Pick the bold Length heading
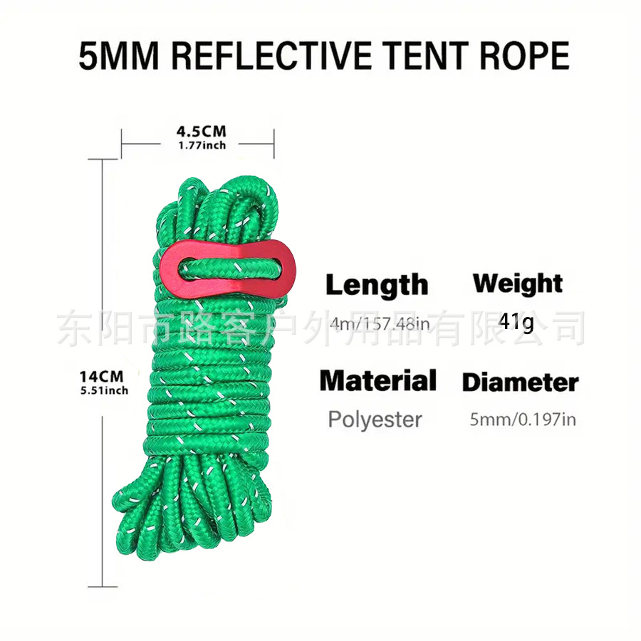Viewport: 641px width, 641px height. pyautogui.click(x=377, y=286)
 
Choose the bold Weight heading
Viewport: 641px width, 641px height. pyautogui.click(x=518, y=283)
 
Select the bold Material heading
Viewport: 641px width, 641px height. pyautogui.click(x=377, y=380)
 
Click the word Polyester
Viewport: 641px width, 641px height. pyautogui.click(x=375, y=419)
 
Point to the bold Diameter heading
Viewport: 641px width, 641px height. pyautogui.click(x=520, y=382)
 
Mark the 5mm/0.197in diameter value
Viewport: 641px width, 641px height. pyautogui.click(x=522, y=419)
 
